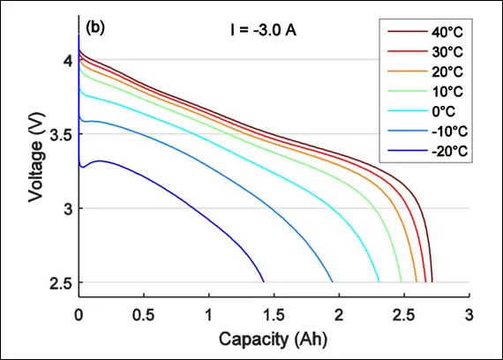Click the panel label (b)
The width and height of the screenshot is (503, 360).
[x=96, y=27]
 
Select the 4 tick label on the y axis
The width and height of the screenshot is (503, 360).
[x=66, y=60]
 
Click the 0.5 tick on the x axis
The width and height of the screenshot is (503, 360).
[x=144, y=313]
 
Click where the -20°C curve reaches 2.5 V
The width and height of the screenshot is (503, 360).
[x=264, y=281]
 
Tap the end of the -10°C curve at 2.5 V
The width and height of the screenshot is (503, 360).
[x=333, y=281]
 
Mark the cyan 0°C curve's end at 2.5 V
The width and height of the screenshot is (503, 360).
[x=379, y=281]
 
